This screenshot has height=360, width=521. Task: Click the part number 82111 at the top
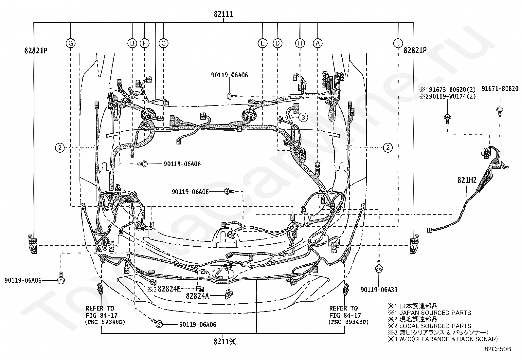(x=223, y=14)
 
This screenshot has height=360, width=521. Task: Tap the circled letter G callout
(x=70, y=43)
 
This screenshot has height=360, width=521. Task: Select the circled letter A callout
(x=318, y=43)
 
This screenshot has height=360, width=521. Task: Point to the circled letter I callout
(x=398, y=43)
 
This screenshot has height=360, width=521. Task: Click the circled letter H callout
(x=300, y=43)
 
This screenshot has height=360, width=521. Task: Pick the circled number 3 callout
(x=303, y=117)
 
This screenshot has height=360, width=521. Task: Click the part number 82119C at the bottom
(x=225, y=342)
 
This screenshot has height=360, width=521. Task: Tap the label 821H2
(x=467, y=180)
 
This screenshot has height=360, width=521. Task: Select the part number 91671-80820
(x=500, y=89)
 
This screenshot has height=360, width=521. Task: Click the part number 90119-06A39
(x=379, y=290)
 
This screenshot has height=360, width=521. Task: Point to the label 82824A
(x=197, y=296)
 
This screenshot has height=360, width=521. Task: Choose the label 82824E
(x=169, y=289)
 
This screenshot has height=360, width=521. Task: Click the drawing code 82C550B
(x=497, y=349)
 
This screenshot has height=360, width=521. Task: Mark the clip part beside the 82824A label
(x=228, y=294)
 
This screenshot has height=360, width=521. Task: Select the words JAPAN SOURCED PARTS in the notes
(x=435, y=313)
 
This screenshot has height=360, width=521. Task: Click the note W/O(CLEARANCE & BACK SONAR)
(x=448, y=339)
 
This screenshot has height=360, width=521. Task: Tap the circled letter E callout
(x=262, y=43)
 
